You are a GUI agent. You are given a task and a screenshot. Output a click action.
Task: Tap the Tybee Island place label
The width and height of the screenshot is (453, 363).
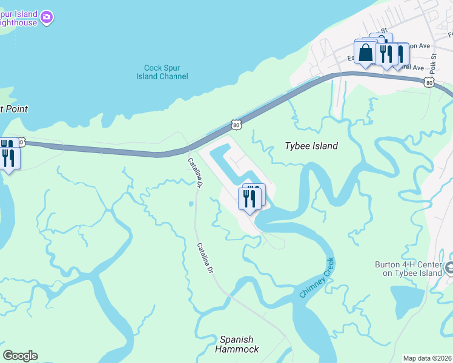[311, 146]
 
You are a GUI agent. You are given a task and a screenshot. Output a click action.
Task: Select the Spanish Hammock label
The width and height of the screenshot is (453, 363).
[237, 344]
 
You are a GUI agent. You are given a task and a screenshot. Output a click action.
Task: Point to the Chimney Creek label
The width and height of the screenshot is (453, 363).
[317, 278]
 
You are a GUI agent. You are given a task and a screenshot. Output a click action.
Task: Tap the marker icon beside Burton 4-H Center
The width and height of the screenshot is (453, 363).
[449, 267]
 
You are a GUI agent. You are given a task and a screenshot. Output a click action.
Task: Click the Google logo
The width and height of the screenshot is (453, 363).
[20, 356]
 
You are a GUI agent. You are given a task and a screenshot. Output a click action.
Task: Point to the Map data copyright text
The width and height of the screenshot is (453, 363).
[426, 358]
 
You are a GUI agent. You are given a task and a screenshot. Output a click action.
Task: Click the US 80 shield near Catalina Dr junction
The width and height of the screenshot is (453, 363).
[236, 125]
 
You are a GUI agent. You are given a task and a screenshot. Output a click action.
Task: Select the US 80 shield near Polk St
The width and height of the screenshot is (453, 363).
[429, 82]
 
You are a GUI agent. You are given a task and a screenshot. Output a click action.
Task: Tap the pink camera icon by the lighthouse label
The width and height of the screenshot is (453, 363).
[47, 18]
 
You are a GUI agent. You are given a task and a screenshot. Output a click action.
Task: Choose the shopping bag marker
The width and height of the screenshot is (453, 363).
[366, 52]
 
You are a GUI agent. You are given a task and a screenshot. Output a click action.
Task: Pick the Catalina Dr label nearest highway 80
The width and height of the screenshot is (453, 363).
[194, 172]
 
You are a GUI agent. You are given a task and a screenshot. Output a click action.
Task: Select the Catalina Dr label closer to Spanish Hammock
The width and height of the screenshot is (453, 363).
[207, 261]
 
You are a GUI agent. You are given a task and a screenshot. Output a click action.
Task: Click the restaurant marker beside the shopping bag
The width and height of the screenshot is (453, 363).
[385, 53]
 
